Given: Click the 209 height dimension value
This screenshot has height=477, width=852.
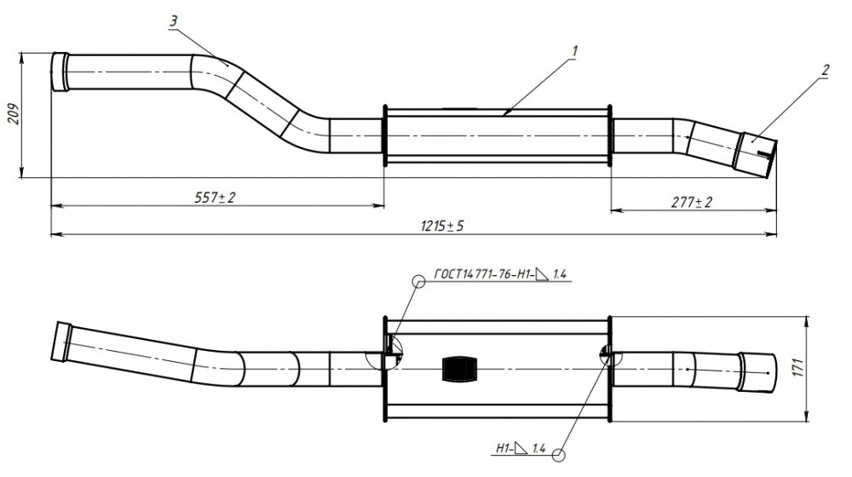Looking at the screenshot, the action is click(x=14, y=114).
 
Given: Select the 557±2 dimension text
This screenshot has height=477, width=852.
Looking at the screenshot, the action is click(x=216, y=198).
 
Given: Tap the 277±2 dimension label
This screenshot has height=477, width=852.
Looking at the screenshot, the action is click(x=691, y=202).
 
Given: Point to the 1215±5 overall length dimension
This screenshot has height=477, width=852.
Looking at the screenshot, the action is click(x=442, y=226).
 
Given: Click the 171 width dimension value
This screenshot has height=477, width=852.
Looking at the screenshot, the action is click(x=799, y=368).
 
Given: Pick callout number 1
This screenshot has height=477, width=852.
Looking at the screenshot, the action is click(x=574, y=51).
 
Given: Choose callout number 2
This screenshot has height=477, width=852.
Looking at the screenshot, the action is click(x=826, y=70).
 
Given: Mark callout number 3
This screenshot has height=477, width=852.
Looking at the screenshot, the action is click(x=173, y=21).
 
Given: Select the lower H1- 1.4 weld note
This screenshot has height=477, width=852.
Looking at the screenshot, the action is click(x=521, y=448).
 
